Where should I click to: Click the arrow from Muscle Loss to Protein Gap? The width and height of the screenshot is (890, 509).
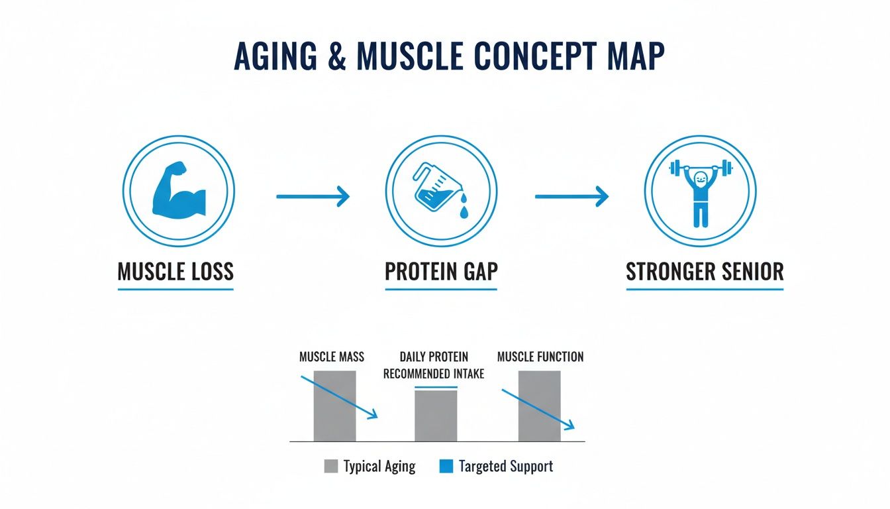click(312, 196)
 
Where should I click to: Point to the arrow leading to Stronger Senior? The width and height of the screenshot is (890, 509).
click(571, 196)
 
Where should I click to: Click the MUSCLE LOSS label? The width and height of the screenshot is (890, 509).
click(175, 272)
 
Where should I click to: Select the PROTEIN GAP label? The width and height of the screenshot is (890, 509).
click(441, 272)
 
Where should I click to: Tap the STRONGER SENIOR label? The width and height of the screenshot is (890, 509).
click(705, 272)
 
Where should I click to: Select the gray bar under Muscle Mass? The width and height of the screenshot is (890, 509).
click(334, 406)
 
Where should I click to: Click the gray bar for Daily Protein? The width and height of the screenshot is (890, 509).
click(436, 416)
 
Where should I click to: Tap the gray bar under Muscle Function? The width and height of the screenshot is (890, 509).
click(539, 406)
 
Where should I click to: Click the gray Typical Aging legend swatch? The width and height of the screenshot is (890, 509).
click(331, 467)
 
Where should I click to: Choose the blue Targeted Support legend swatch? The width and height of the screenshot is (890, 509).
click(446, 467)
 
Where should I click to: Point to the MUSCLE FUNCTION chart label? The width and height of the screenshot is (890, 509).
click(540, 357)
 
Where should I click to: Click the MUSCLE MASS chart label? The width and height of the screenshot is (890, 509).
click(332, 357)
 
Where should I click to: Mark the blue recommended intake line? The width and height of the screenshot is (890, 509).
click(436, 387)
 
